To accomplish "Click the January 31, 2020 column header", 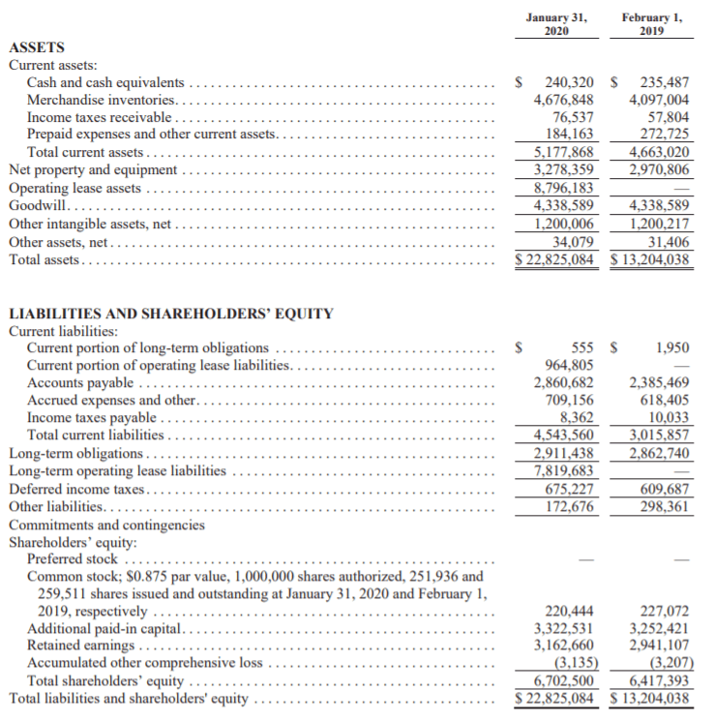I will coord(554,23).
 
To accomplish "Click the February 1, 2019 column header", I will coord(650,23).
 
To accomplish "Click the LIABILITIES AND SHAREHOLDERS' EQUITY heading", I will coord(170,314).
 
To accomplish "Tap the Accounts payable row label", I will coord(80,383).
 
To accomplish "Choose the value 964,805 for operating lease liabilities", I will coord(570,365).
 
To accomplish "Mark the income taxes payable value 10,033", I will coord(667,418).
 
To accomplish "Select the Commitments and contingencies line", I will coord(106,525).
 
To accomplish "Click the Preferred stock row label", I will coord(73,558).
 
